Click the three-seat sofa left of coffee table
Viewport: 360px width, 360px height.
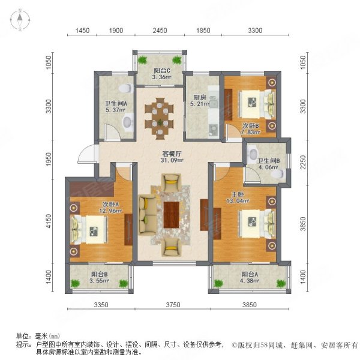pos(145,214)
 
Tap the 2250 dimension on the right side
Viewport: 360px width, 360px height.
pos(304,161)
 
